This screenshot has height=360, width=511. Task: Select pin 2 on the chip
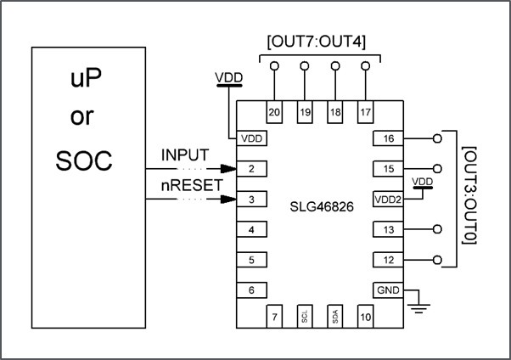pyautogui.click(x=251, y=169)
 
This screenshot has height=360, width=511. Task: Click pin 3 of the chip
pyautogui.click(x=251, y=200)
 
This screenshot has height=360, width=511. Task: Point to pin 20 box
pyautogui.click(x=274, y=112)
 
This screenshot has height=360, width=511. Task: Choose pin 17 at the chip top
pyautogui.click(x=365, y=112)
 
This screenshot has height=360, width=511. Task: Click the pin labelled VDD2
pyautogui.click(x=388, y=200)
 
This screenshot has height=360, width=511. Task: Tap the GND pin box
pyautogui.click(x=388, y=290)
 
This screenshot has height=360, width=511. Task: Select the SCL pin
pyautogui.click(x=305, y=316)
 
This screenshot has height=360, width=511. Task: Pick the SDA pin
pyautogui.click(x=335, y=316)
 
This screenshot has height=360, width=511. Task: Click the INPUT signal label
pyautogui.click(x=184, y=157)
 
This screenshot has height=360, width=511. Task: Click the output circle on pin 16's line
pyautogui.click(x=437, y=138)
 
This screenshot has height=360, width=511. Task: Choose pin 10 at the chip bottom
pyautogui.click(x=365, y=316)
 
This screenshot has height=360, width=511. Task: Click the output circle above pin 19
pyautogui.click(x=305, y=65)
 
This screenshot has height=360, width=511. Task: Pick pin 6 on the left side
pyautogui.click(x=251, y=290)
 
